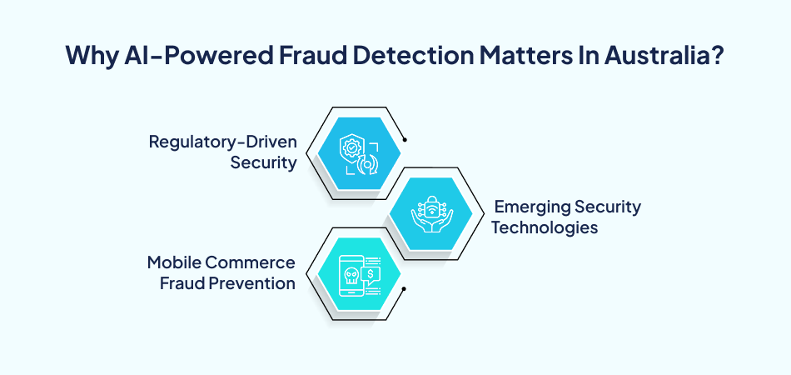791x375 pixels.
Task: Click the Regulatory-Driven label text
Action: pos(222,142)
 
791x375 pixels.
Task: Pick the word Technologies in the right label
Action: pos(545,227)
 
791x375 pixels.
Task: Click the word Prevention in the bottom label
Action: pos(253,283)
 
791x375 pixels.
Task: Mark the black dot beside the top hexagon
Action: pos(405,140)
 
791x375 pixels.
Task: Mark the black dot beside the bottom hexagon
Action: pos(404,289)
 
